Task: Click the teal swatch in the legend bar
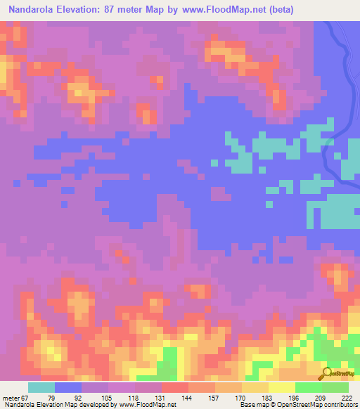click(41, 387)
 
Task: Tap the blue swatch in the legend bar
click(68, 387)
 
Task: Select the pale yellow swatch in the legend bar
click(282, 387)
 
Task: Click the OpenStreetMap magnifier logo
click(327, 372)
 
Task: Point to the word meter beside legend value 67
click(12, 397)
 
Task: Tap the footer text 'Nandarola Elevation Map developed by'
click(58, 405)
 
